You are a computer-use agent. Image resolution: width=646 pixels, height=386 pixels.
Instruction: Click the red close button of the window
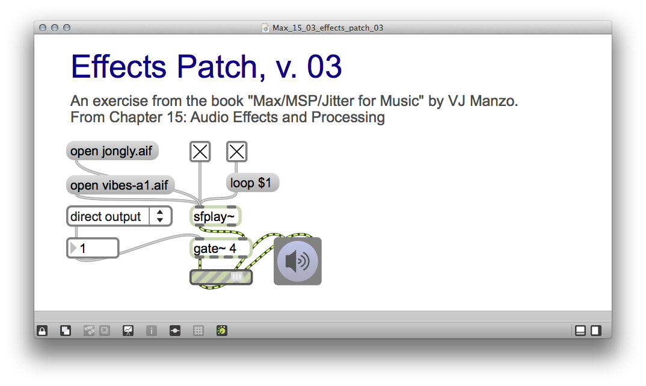[42, 28]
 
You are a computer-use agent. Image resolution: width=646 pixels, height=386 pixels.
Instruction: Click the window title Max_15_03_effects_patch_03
[328, 28]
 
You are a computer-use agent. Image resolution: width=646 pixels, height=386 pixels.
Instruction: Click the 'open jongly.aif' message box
[112, 151]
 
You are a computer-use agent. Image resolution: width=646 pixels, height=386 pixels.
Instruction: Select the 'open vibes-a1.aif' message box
[120, 185]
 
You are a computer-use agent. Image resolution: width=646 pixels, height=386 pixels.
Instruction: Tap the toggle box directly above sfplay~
[200, 152]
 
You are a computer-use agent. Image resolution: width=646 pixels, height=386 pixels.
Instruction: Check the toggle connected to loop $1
[237, 152]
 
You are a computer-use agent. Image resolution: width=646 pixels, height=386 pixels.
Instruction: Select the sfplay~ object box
[216, 216]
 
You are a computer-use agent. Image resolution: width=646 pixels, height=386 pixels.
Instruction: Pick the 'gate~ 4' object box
[220, 247]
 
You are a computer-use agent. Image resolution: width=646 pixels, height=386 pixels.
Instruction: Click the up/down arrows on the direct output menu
[160, 216]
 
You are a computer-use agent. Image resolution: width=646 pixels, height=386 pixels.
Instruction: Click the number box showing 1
[93, 247]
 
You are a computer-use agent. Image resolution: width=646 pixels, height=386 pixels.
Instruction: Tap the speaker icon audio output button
[298, 261]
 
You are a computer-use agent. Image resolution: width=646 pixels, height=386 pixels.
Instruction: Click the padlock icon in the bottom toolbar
[42, 330]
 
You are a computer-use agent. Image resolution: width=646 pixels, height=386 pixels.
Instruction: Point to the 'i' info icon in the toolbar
[152, 330]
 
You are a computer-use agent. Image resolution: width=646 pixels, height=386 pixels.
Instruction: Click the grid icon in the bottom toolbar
[198, 330]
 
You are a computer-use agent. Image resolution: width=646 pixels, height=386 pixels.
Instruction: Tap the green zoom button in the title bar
[66, 28]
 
